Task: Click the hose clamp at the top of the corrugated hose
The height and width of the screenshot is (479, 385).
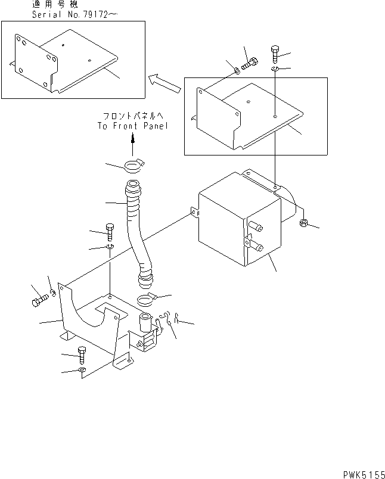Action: coord(133,165)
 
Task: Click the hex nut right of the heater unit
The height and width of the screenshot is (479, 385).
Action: coord(302,224)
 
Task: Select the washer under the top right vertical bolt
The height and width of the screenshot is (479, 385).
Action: coord(275,70)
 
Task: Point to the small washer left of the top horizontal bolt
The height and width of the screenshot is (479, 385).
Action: coord(237,70)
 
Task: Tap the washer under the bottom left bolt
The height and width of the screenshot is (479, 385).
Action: coord(82,371)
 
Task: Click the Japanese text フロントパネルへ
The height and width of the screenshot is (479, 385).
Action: coord(133,116)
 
